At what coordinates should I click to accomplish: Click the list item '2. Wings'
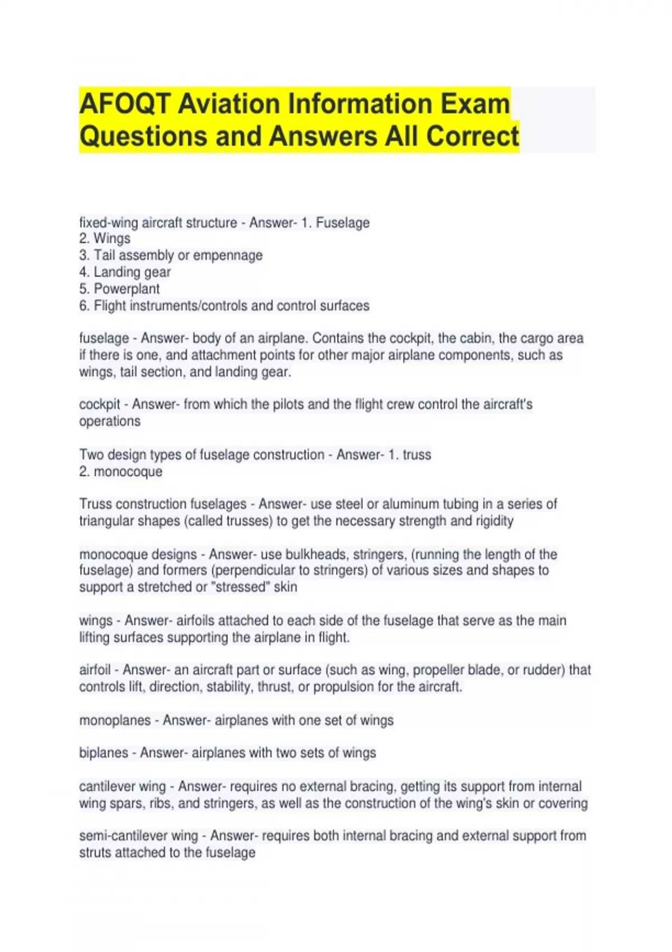tap(105, 239)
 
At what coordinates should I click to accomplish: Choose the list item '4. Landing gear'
tap(125, 272)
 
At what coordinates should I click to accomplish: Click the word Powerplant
tap(127, 289)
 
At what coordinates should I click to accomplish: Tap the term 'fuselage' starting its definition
tap(104, 338)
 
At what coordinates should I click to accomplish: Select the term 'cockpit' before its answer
tap(100, 404)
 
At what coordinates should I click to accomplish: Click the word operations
tap(110, 421)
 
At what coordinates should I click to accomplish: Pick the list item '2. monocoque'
tap(120, 472)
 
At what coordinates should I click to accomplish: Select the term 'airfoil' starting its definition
tap(95, 670)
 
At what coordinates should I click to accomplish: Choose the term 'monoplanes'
tap(115, 720)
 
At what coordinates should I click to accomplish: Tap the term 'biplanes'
tap(104, 753)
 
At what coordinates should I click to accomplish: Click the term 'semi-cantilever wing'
tap(138, 836)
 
